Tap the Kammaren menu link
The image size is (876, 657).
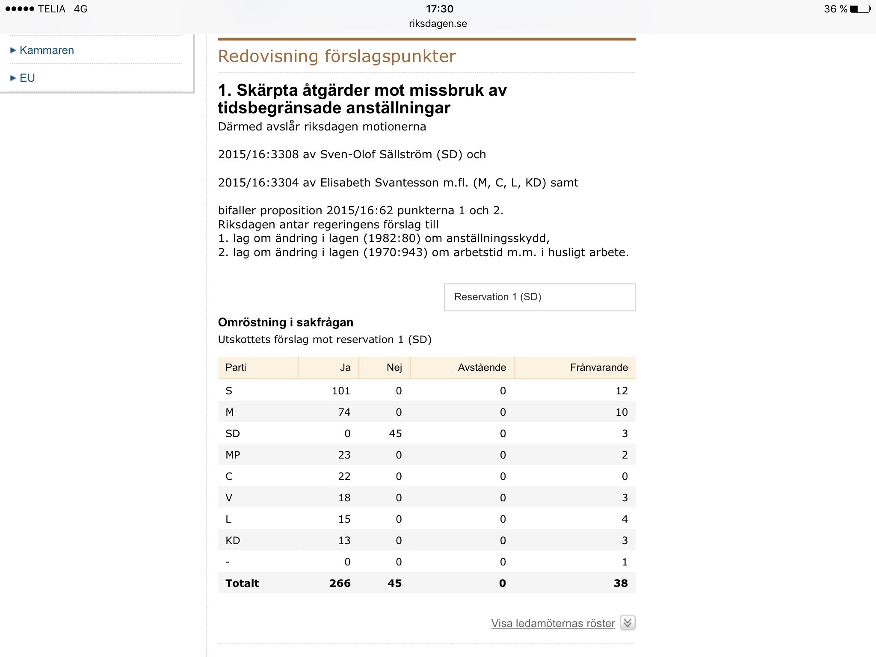pos(47,50)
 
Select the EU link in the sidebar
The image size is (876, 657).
pos(27,78)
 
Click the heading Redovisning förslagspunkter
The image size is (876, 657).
pos(337,56)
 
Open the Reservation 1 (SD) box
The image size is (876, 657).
pos(539,297)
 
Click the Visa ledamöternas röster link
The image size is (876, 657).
pos(553,623)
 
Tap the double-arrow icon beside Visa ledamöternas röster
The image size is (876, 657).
pos(627,623)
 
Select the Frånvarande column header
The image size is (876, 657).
pos(598,367)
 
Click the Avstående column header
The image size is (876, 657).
pos(482,367)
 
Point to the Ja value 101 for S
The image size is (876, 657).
pos(341,391)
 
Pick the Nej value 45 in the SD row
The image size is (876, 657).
pos(395,433)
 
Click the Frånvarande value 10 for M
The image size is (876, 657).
pos(621,412)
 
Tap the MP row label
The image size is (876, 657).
pos(233,455)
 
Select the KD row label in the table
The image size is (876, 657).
pos(233,540)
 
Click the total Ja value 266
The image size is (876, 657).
pos(340,583)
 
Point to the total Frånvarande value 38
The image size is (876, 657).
pos(620,583)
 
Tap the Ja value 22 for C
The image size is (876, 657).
pos(344,476)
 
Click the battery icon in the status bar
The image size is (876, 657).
pos(860,9)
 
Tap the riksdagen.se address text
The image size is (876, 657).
pos(438,24)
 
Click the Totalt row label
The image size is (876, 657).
pos(242,583)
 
